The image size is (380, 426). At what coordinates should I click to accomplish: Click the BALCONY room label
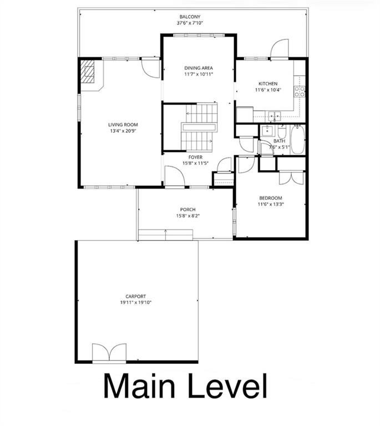click(x=190, y=17)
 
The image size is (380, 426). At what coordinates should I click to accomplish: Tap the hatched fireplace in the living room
click(x=89, y=72)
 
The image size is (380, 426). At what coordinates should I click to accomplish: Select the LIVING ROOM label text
click(x=123, y=125)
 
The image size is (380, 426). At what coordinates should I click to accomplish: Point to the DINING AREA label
click(x=199, y=68)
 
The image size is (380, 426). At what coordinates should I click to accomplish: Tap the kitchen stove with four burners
click(x=300, y=92)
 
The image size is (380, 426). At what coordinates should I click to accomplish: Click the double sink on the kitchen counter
click(x=273, y=116)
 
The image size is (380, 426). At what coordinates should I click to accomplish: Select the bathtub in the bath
click(x=298, y=140)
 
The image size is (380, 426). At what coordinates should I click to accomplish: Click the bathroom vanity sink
click(x=267, y=131)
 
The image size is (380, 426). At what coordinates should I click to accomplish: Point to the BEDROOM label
click(x=270, y=198)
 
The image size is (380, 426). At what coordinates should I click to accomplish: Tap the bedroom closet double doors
click(x=292, y=177)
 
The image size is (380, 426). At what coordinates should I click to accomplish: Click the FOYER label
click(x=195, y=157)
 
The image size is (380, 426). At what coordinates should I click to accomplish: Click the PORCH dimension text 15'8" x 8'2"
click(x=188, y=216)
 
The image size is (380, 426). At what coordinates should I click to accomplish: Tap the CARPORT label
click(x=136, y=297)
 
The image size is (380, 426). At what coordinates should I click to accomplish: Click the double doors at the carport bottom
click(x=109, y=352)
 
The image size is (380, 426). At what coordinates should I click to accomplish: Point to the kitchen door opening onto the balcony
click(x=280, y=49)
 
